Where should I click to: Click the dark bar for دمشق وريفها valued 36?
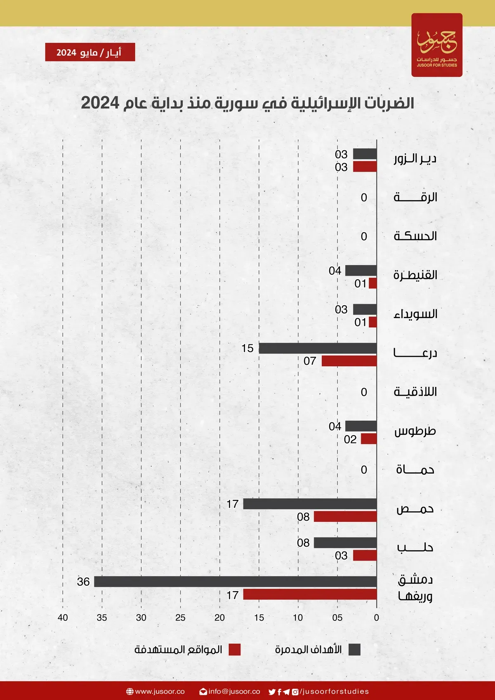pos(235,582)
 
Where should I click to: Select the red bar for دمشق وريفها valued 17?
pos(310,594)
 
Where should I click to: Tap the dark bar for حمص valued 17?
pos(310,504)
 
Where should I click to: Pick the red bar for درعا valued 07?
pos(349,361)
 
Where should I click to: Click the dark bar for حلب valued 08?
pos(345,542)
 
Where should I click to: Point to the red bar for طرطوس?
pos(369,438)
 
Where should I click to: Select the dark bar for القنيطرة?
pos(361,271)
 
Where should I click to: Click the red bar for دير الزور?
pos(365,167)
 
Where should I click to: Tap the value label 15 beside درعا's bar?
pos(247,348)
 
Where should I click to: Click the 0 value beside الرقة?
pos(364,197)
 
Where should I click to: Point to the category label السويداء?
pos(415,314)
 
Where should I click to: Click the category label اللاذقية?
pos(415,391)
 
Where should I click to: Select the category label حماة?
pos(415,469)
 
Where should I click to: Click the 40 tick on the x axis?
pos(63,618)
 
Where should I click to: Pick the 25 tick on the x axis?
pos(180,618)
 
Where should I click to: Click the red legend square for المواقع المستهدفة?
pos(234,649)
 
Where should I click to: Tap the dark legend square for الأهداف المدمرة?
pos(354,649)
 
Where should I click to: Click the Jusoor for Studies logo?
pos(436,45)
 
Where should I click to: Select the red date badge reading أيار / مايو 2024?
pos(90,52)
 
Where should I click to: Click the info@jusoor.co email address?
pos(234,691)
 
